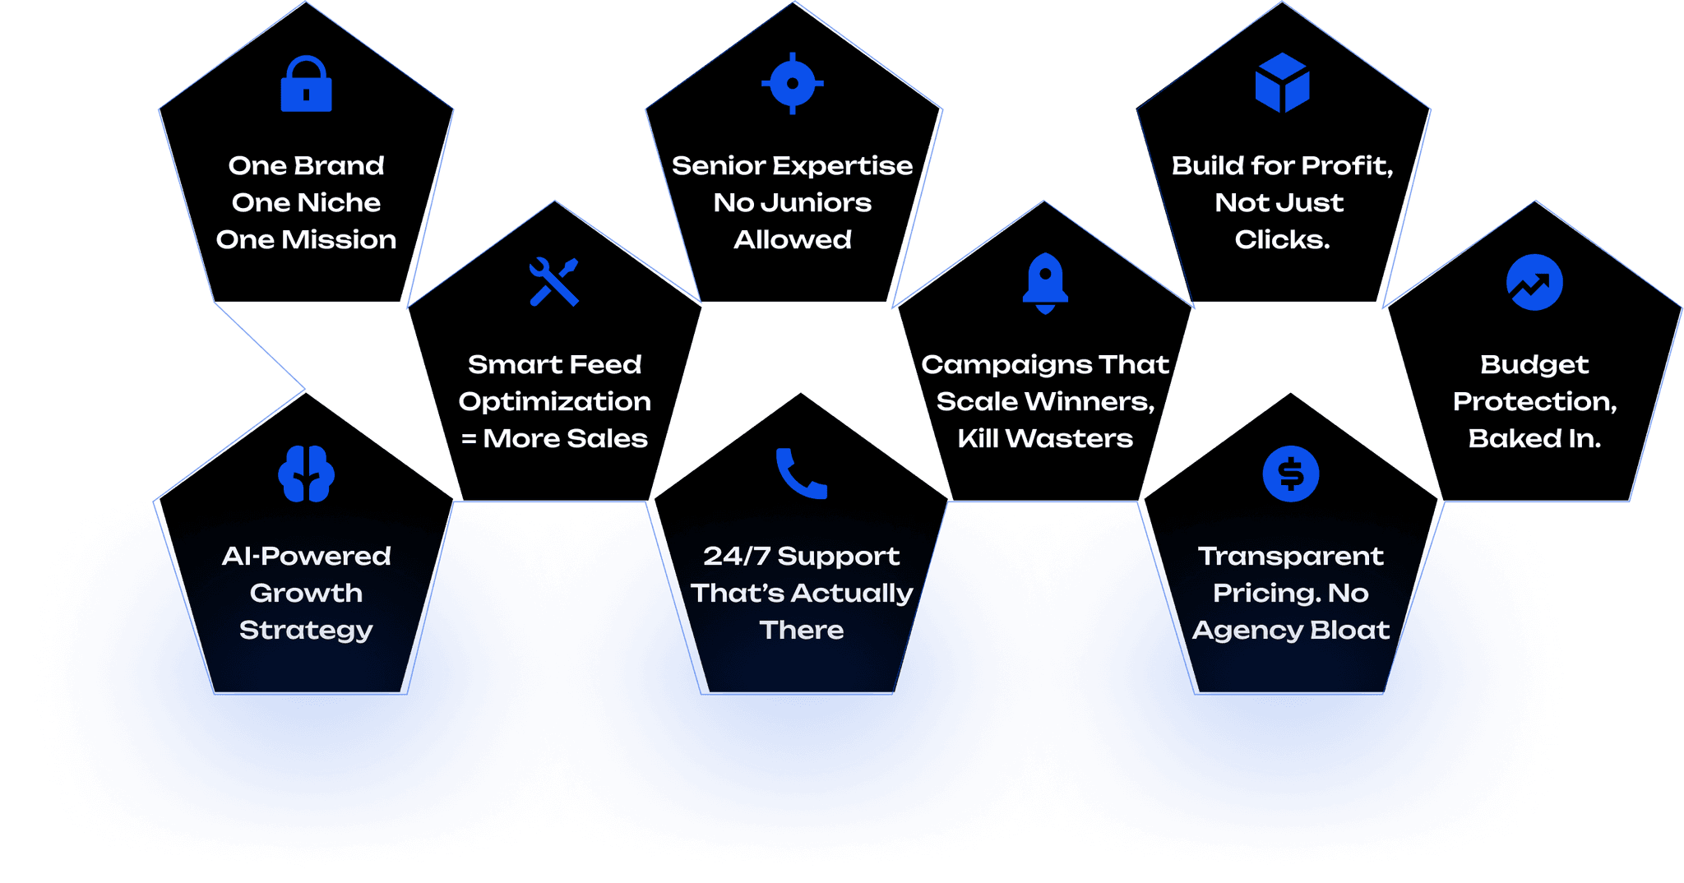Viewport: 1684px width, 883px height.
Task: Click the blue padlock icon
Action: point(306,84)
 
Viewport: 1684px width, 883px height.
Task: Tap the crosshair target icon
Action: point(793,83)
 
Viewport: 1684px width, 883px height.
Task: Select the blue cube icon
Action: point(1282,83)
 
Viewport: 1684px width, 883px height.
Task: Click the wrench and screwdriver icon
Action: point(554,282)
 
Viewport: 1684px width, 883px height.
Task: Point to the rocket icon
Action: point(1045,283)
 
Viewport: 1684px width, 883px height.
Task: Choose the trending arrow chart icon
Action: point(1534,283)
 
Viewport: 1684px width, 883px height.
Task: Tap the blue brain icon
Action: point(306,474)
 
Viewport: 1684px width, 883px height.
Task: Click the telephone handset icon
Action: point(801,474)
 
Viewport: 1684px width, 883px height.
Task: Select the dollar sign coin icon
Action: point(1290,474)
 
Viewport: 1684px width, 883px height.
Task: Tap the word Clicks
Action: point(1281,240)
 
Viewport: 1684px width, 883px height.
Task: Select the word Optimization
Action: point(554,402)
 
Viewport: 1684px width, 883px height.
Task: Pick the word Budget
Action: point(1534,365)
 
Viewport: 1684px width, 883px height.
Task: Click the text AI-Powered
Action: point(306,557)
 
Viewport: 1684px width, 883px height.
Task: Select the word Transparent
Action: point(1290,557)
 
